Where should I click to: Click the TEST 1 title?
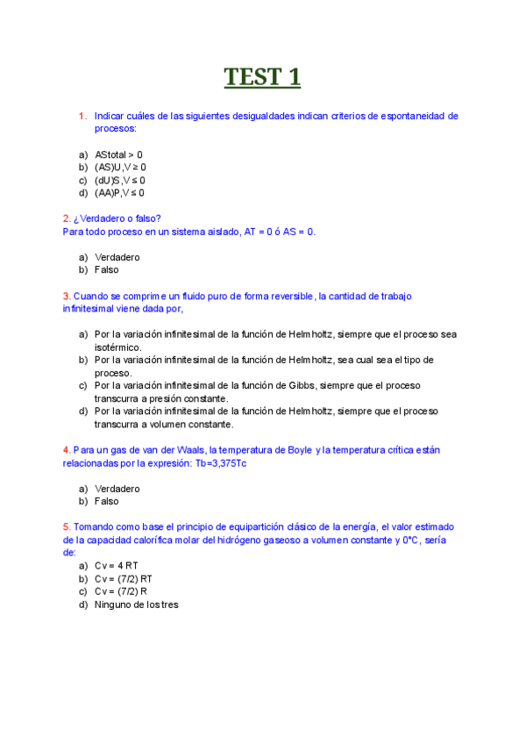coord(262,77)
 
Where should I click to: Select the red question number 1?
coord(82,116)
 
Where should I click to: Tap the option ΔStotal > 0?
coord(118,154)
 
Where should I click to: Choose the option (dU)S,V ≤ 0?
coord(120,180)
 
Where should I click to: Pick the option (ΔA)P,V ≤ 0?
coord(120,193)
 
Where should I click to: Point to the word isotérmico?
coord(117,347)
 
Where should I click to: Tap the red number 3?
coord(66,297)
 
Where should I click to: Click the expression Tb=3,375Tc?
coord(214,462)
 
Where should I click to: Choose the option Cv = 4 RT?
coord(117,566)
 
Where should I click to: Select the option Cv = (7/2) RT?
coord(124,579)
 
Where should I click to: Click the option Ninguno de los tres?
coord(136,604)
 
